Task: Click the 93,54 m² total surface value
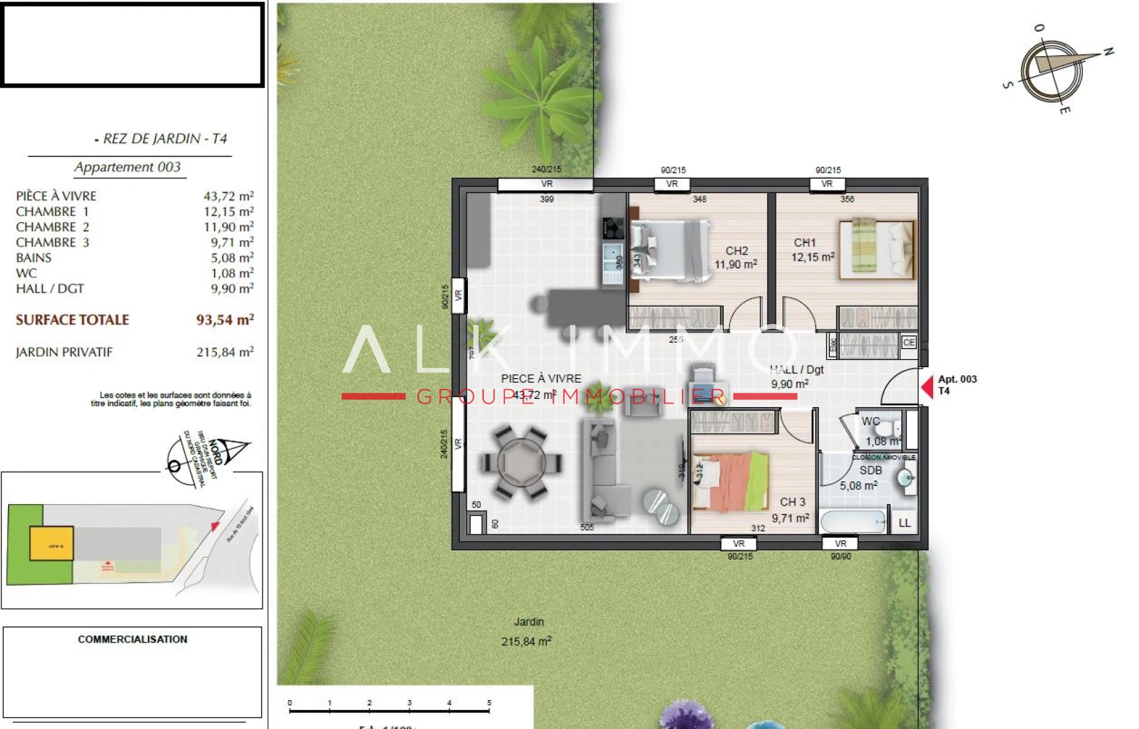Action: (225, 320)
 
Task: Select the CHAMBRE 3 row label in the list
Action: (53, 242)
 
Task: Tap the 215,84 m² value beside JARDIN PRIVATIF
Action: (225, 352)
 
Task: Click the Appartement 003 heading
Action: (128, 167)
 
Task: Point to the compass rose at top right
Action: (1051, 70)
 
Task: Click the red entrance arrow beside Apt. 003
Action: (927, 387)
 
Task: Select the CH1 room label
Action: (805, 242)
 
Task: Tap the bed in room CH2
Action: (668, 250)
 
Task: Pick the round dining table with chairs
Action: (521, 464)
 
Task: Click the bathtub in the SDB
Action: (852, 522)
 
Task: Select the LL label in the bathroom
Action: (904, 523)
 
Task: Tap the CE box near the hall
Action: (909, 342)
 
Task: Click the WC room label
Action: (870, 421)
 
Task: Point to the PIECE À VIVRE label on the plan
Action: (541, 379)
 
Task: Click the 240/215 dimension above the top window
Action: (546, 169)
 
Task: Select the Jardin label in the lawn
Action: (529, 622)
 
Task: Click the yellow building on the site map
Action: (51, 544)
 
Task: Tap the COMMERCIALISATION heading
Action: (132, 639)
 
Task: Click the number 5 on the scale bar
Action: (489, 703)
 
